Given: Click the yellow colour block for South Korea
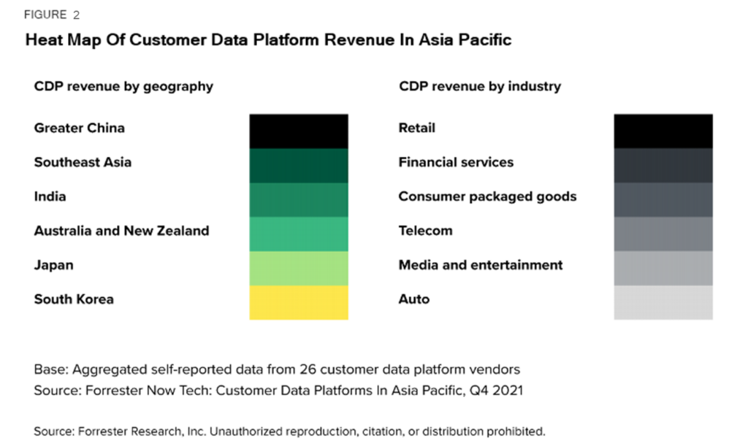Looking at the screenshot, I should (x=299, y=302).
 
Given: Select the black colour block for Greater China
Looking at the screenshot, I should (x=299, y=131).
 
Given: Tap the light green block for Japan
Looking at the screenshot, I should (x=299, y=268).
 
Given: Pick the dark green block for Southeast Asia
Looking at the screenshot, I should (x=299, y=165).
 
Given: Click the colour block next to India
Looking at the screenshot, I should (x=299, y=199).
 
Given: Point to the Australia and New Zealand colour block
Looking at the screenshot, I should (x=299, y=234).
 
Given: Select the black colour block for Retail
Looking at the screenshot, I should (x=663, y=131).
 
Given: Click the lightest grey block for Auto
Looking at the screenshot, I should (x=663, y=302).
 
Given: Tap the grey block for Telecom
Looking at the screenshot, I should (x=663, y=234).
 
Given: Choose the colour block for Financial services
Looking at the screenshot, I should (x=663, y=165).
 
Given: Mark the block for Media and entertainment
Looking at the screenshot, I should (x=663, y=268).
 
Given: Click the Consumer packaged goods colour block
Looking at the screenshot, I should (x=663, y=199).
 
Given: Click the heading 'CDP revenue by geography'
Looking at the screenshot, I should (x=123, y=86).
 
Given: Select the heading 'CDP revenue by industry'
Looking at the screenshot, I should (x=479, y=86).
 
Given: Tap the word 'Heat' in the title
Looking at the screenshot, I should (x=43, y=40).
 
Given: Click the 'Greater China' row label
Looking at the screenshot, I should (x=79, y=129).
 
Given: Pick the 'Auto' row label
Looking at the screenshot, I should (x=413, y=299).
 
